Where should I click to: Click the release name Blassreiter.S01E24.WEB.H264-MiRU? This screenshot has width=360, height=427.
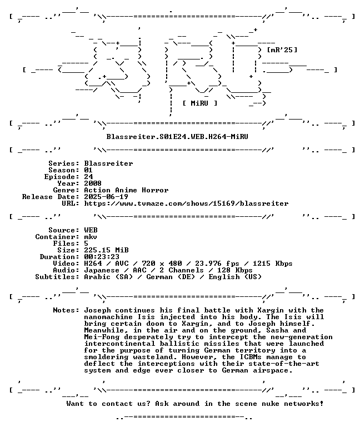(x=177, y=136)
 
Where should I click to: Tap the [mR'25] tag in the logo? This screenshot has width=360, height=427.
(x=282, y=50)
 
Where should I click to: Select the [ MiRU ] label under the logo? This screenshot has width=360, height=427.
(x=200, y=103)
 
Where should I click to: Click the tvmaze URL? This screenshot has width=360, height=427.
(x=186, y=203)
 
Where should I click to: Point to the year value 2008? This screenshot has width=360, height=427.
(x=93, y=183)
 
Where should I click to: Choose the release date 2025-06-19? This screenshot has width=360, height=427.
(x=106, y=197)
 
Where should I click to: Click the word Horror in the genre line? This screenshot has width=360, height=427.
(x=155, y=190)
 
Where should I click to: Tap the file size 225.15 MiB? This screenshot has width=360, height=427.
(x=107, y=250)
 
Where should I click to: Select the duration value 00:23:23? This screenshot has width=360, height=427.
(x=102, y=257)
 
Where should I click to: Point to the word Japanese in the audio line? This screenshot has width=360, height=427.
(x=102, y=270)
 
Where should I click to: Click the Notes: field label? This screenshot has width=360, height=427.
(x=66, y=310)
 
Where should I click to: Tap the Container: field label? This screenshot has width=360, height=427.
(x=57, y=237)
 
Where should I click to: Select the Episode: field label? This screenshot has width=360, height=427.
(x=62, y=176)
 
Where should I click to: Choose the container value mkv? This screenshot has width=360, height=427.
(x=91, y=237)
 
